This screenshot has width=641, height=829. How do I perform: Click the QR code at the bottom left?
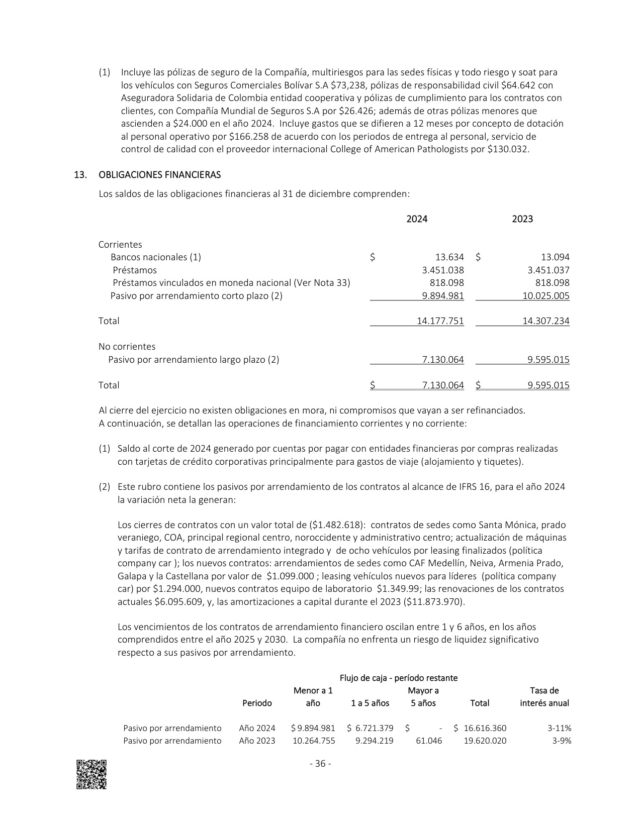point(91,774)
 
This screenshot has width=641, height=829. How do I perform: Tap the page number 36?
point(320,764)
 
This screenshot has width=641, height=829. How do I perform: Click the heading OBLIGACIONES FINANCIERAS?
point(160,175)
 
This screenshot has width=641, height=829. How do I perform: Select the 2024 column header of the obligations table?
point(417,219)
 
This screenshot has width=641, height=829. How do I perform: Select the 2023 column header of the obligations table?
point(522,219)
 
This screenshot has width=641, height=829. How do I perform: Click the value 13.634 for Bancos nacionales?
point(449,257)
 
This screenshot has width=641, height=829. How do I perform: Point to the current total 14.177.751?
point(440,321)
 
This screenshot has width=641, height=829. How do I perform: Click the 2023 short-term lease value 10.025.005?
point(546,296)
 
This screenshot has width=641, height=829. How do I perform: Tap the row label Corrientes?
point(120,245)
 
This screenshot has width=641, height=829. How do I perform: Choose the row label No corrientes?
point(127,347)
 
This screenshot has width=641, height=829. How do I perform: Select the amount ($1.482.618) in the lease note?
point(336,525)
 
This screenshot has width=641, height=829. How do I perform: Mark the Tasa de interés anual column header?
point(544,697)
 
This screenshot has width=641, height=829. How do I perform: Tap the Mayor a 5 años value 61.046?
point(430,741)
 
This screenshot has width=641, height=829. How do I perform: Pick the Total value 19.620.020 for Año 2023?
point(485,741)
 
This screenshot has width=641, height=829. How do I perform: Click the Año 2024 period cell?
point(257,729)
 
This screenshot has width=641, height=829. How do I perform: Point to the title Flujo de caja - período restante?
point(399,678)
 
